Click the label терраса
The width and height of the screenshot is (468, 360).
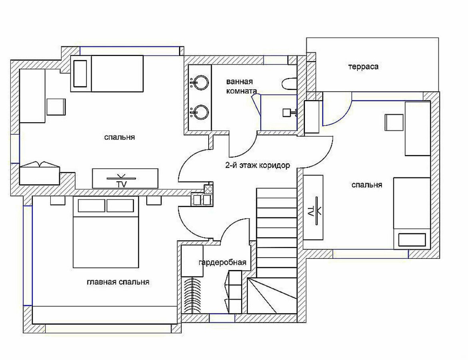(x=363, y=66)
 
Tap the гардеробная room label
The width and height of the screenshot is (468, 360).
(x=222, y=262)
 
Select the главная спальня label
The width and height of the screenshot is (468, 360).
(x=118, y=282)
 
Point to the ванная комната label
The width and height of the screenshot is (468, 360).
(x=241, y=86)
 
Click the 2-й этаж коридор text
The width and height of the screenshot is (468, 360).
(x=257, y=165)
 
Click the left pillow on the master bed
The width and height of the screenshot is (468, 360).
(x=92, y=206)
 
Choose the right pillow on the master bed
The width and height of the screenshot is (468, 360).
(x=120, y=206)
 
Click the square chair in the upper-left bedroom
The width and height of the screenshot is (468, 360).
(x=56, y=107)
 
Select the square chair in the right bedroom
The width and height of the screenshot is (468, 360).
(x=394, y=122)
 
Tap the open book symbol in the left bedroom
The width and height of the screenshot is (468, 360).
(x=40, y=165)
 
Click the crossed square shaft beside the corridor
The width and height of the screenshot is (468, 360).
(x=208, y=189)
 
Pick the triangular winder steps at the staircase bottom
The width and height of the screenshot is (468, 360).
(x=272, y=296)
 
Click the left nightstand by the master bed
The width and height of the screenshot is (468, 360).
(x=58, y=200)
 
